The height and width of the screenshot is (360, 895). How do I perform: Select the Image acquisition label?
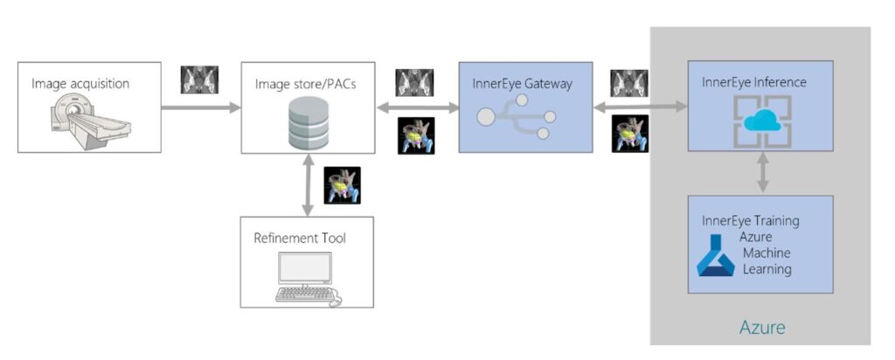[x=80, y=84]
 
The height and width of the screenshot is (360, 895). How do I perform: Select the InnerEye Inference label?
[x=753, y=82]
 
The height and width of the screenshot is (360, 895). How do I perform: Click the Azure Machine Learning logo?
[x=715, y=255]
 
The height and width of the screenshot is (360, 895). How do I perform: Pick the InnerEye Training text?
[x=750, y=220]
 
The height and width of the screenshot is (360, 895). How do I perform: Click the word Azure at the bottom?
[x=762, y=328]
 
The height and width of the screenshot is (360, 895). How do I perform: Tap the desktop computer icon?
[x=304, y=277]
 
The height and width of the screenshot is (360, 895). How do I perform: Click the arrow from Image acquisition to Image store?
[x=201, y=108]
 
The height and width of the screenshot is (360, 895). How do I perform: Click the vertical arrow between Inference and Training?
[x=763, y=172]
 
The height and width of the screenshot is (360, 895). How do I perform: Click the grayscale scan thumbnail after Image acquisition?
[x=199, y=80]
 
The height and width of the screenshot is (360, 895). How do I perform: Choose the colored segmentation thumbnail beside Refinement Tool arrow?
[x=342, y=185]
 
